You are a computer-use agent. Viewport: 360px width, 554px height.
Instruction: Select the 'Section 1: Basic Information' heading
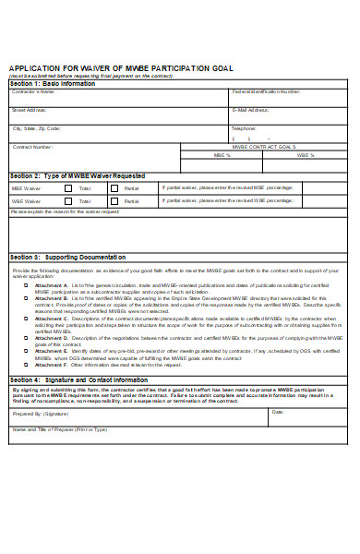click(53, 83)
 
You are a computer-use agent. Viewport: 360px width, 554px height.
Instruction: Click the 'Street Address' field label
click(30, 110)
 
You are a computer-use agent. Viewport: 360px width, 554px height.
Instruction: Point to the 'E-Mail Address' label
click(250, 110)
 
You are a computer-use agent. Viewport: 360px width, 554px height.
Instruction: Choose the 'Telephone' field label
click(244, 127)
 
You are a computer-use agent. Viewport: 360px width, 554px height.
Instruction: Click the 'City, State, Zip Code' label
click(37, 128)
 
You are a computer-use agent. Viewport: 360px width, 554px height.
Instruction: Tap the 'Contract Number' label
click(32, 147)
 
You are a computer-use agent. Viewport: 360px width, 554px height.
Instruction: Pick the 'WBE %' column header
click(306, 155)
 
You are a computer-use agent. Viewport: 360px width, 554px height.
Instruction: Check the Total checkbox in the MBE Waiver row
click(67, 187)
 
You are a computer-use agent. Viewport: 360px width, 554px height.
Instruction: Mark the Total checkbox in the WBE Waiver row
click(67, 199)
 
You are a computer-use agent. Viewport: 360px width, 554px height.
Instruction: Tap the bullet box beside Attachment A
click(25, 286)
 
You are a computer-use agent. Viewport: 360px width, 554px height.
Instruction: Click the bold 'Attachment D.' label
click(51, 338)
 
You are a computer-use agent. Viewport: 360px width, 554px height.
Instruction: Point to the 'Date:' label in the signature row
click(277, 411)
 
